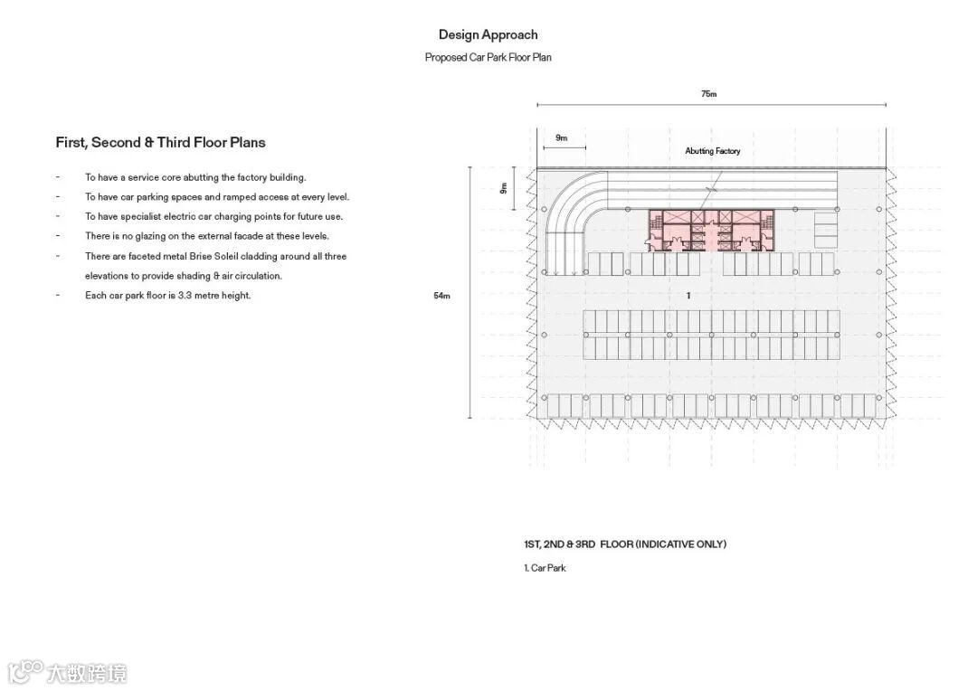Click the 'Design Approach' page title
pyautogui.click(x=488, y=35)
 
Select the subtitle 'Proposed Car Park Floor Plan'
pyautogui.click(x=488, y=58)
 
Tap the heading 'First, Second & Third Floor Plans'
pyautogui.click(x=160, y=143)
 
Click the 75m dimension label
pyautogui.click(x=709, y=94)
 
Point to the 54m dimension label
pyautogui.click(x=441, y=296)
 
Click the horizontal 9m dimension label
pyautogui.click(x=562, y=138)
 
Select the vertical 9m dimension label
pyautogui.click(x=504, y=189)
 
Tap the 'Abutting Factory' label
pyautogui.click(x=712, y=151)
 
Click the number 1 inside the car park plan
pyautogui.click(x=688, y=296)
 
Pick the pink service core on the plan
pyautogui.click(x=711, y=230)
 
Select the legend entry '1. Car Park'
pyautogui.click(x=545, y=568)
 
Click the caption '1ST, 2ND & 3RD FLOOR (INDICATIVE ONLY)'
pyautogui.click(x=624, y=544)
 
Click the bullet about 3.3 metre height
pyautogui.click(x=167, y=296)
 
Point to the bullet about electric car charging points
pyautogui.click(x=213, y=217)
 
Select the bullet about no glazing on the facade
pyautogui.click(x=206, y=236)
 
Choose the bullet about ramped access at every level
pyautogui.click(x=216, y=197)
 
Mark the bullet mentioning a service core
pyautogui.click(x=195, y=178)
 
